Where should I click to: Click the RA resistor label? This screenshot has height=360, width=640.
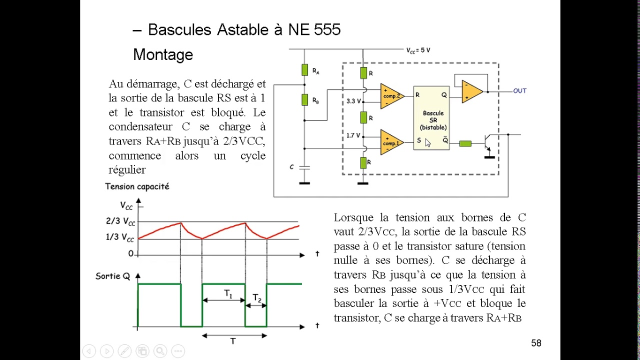(315, 71)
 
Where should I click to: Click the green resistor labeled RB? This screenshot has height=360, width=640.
(304, 99)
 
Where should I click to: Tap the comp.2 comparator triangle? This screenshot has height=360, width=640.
(390, 95)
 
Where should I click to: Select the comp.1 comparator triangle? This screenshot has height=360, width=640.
(390, 143)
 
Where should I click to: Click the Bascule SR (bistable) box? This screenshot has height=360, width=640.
(431, 118)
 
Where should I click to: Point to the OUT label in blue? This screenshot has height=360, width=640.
(519, 91)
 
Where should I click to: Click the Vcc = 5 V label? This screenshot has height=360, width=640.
(418, 50)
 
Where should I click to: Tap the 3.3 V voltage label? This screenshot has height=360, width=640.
(353, 101)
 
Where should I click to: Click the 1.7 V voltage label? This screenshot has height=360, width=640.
(353, 135)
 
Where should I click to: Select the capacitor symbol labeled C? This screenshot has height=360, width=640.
(304, 167)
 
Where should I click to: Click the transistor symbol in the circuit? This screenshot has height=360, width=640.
(488, 143)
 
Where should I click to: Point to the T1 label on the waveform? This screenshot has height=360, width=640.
(228, 294)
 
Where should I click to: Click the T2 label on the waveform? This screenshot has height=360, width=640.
(257, 298)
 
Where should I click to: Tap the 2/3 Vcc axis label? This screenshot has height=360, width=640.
(120, 221)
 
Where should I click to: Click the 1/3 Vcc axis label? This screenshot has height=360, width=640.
(120, 237)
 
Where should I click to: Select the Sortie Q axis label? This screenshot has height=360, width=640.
(112, 276)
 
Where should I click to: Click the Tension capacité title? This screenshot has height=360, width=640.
(137, 186)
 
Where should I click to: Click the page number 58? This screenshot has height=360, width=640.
(536, 343)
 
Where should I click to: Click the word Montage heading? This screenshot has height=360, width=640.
(163, 54)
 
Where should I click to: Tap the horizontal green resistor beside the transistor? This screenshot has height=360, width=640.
(465, 143)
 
